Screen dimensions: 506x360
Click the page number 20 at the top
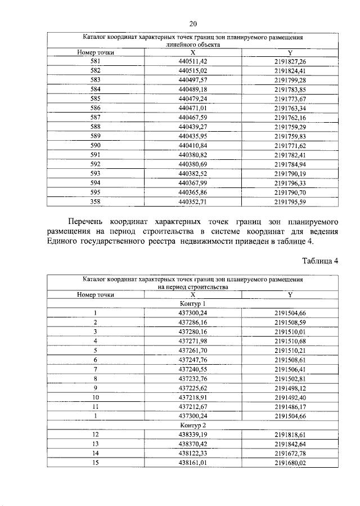(192, 23)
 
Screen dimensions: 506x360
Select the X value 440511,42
(193, 61)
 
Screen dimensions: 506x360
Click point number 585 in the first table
(96, 98)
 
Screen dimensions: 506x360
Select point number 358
(96, 200)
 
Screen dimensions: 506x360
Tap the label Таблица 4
(320, 261)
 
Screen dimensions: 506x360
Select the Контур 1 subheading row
(193, 303)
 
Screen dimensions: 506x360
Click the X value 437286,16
(193, 323)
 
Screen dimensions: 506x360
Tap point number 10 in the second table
(96, 397)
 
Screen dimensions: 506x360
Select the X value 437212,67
(193, 406)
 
